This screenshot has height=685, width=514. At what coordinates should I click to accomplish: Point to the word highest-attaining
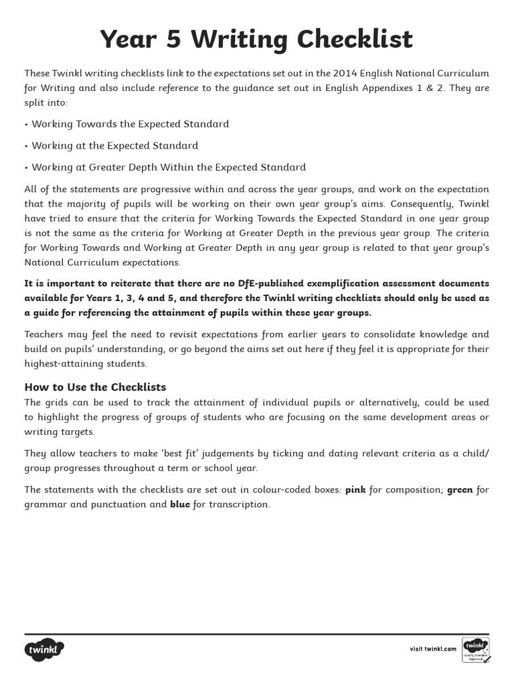pos(61,363)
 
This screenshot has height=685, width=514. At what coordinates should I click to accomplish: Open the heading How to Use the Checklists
pos(95,387)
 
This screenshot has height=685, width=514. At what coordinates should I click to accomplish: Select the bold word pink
pos(355,490)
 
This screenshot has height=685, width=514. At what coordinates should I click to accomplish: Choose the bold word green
pos(460,490)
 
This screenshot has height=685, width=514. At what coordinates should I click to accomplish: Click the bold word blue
pos(180,504)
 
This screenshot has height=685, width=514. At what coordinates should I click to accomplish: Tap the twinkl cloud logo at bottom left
pos(44,649)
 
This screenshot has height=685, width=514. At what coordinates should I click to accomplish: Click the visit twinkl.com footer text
pos(432,649)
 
